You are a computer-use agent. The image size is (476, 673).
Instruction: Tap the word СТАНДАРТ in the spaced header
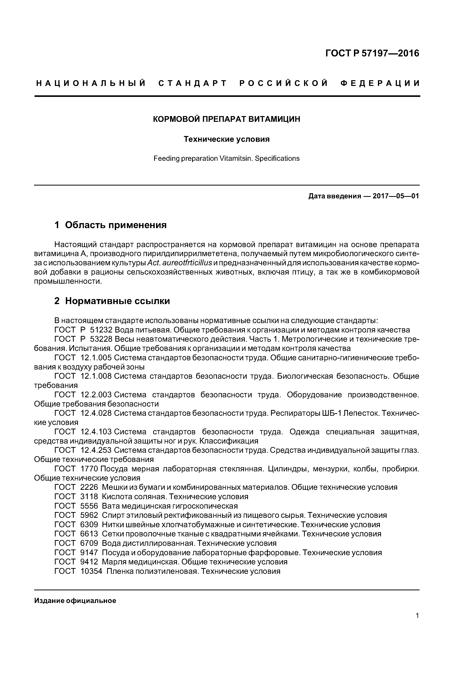tap(193, 83)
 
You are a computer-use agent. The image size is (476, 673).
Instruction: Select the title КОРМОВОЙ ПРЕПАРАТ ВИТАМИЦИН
tap(227, 119)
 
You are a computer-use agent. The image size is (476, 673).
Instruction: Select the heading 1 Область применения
tap(111, 225)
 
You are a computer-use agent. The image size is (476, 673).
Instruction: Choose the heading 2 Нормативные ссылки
tap(112, 301)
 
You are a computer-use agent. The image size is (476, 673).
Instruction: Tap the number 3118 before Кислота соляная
tap(89, 497)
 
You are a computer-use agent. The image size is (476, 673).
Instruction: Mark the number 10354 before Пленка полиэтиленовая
tap(91, 571)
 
